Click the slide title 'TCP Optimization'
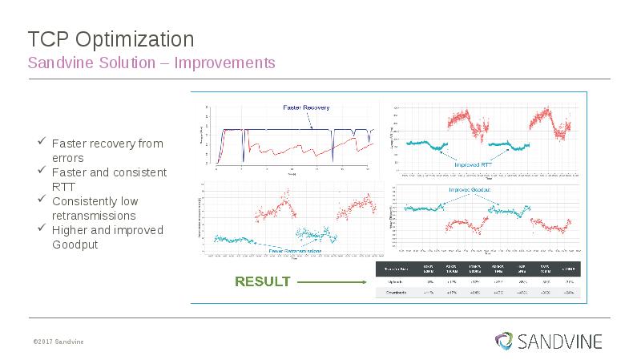(x=111, y=38)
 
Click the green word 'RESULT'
(x=262, y=281)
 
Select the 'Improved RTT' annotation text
(x=473, y=164)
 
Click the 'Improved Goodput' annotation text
(x=470, y=189)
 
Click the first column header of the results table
(x=397, y=268)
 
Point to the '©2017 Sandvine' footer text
(x=58, y=342)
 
